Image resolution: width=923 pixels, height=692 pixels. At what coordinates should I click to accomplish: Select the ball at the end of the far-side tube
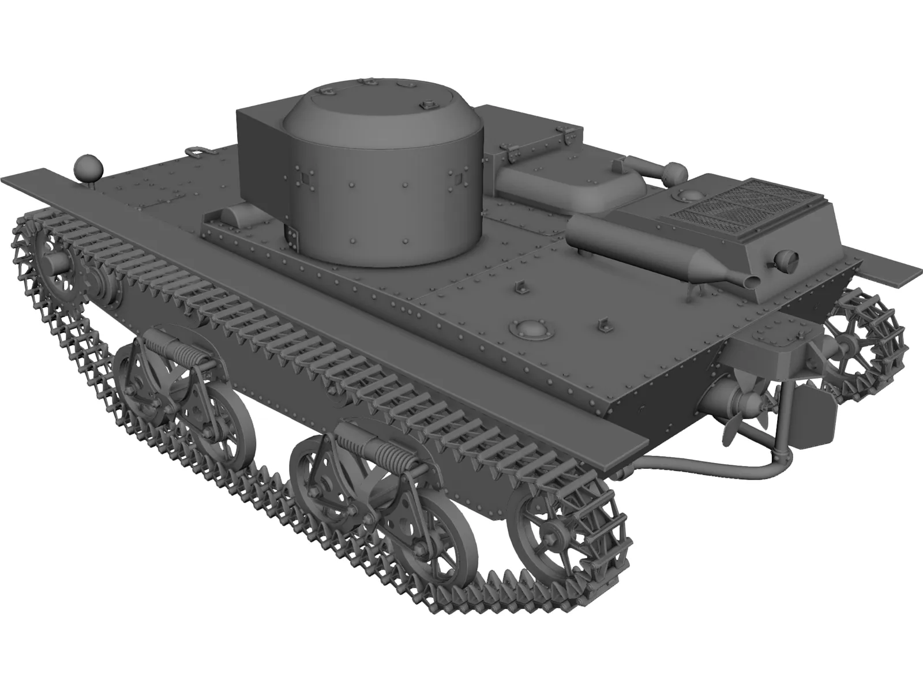point(675,171)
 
